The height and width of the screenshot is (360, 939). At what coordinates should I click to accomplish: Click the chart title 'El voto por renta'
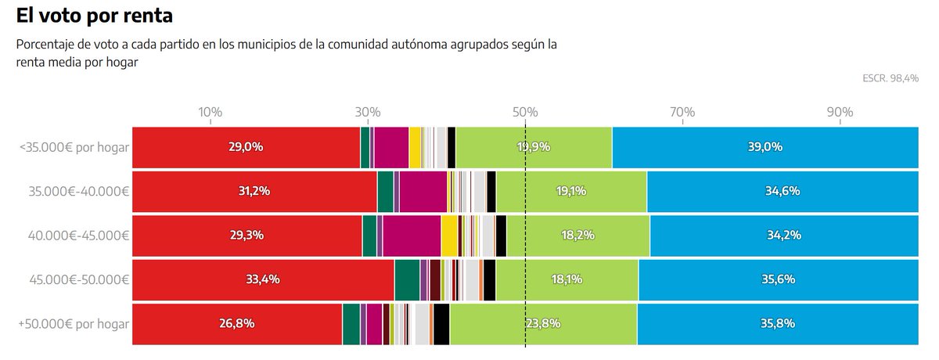coord(94,15)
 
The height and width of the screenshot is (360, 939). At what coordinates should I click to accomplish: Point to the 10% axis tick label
coord(210,112)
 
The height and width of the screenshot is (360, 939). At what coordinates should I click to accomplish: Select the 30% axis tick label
coord(368,112)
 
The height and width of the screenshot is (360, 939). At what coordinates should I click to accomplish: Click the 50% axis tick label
coord(525,112)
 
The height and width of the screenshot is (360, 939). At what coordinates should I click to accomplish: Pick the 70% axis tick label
coord(682,112)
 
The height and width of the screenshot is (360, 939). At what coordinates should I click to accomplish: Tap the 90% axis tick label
coord(840,112)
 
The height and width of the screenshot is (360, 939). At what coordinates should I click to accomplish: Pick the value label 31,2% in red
coord(254,191)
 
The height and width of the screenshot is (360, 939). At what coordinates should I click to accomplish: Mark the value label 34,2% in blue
coord(782,235)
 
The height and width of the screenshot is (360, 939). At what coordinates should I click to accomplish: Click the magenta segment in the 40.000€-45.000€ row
coord(412,235)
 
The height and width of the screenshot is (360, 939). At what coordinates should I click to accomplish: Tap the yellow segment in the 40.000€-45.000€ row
coord(449,235)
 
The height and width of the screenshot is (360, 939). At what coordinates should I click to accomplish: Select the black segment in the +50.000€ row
coord(441,323)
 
